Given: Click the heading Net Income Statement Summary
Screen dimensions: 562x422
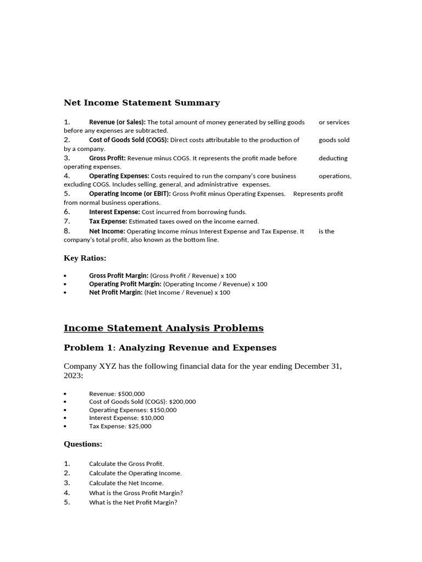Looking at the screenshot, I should [142, 103].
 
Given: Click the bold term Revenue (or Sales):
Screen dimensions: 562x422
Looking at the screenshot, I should [117, 122].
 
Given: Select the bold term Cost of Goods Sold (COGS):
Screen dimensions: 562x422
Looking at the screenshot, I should [129, 140].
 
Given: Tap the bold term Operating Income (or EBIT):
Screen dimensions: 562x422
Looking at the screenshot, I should [130, 194].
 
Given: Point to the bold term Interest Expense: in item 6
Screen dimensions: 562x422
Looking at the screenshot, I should [114, 212].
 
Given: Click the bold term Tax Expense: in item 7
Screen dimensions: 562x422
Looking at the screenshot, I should [108, 221].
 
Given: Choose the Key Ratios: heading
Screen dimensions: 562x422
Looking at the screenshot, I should [85, 258].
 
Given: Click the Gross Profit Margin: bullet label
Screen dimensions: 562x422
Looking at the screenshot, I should [119, 276].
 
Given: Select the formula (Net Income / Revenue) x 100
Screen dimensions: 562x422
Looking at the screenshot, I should [187, 293].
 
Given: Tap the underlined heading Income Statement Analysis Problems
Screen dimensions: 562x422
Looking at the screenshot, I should [164, 328].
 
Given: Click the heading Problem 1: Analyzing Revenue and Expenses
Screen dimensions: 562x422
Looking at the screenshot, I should [170, 348].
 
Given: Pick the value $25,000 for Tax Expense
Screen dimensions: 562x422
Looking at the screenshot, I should [140, 426].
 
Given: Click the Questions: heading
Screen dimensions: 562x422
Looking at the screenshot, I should [83, 444].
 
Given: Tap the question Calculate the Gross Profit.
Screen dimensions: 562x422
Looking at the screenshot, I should [126, 464].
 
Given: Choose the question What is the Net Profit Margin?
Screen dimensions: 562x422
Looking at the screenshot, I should [133, 502].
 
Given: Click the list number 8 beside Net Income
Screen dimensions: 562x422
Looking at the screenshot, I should [66, 231].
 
